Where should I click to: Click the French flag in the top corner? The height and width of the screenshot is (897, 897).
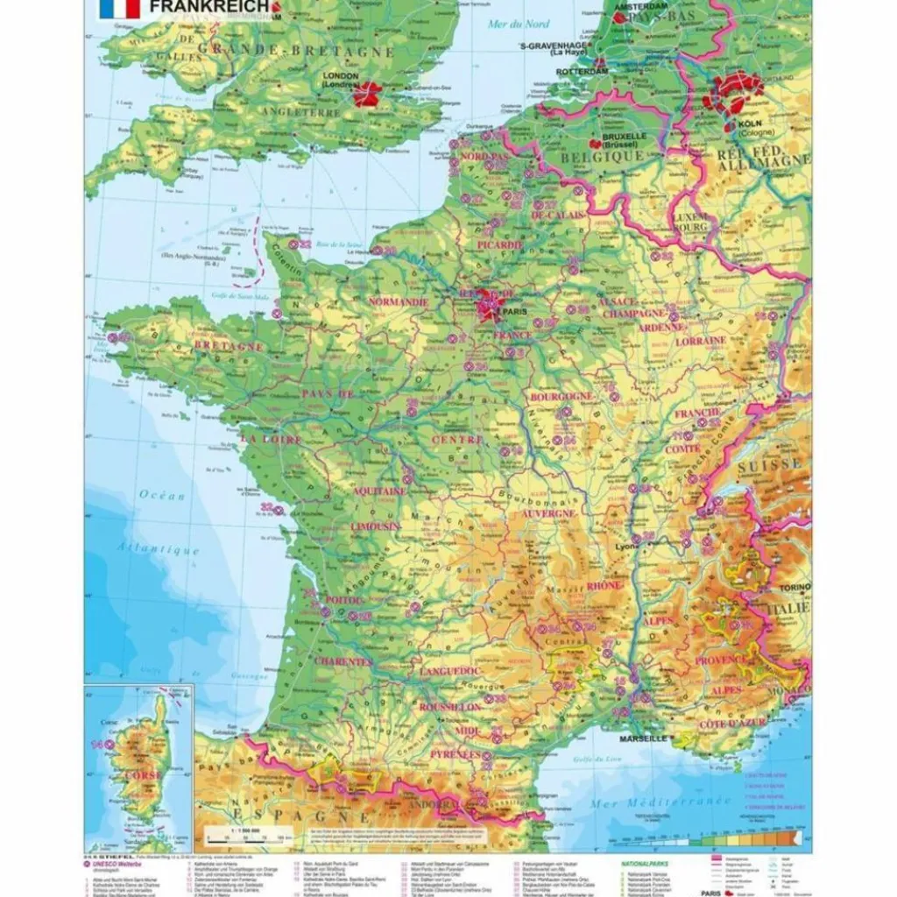(x=120, y=9)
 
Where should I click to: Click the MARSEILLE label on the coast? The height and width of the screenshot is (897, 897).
(x=640, y=738)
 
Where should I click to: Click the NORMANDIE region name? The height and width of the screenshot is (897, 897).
(x=398, y=301)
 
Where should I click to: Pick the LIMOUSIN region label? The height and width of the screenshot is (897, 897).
(x=375, y=527)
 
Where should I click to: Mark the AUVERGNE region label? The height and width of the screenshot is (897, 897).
(x=548, y=513)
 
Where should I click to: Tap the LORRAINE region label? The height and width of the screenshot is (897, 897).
(x=701, y=340)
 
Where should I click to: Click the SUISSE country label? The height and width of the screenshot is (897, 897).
(x=768, y=464)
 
